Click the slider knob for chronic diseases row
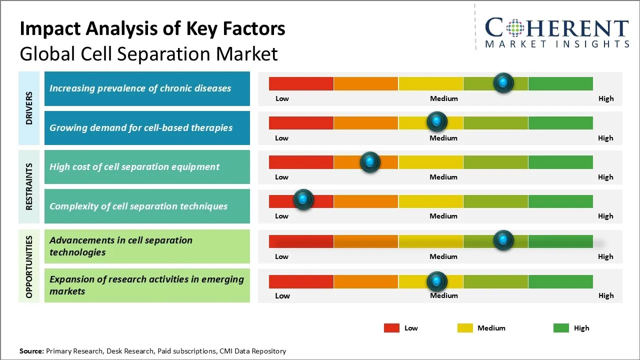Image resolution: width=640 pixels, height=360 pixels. pyautogui.click(x=503, y=82)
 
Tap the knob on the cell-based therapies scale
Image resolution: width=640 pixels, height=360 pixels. pyautogui.click(x=437, y=121)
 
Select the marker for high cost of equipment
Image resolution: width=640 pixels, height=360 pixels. pyautogui.click(x=370, y=161)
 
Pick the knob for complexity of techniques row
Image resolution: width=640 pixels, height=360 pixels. pyautogui.click(x=303, y=199)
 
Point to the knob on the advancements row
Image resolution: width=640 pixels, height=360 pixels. pyautogui.click(x=503, y=240)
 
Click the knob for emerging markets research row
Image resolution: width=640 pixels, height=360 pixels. pyautogui.click(x=437, y=281)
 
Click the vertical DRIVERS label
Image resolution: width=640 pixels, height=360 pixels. pyautogui.click(x=29, y=108)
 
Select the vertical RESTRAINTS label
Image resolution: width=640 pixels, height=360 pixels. pyautogui.click(x=29, y=186)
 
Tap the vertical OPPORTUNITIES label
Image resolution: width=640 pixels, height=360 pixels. pyautogui.click(x=29, y=266)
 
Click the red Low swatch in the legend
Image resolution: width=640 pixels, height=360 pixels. pyautogui.click(x=391, y=328)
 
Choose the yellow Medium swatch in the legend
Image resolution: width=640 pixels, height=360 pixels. pyautogui.click(x=465, y=328)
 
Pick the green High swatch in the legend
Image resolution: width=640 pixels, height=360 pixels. pyautogui.click(x=561, y=328)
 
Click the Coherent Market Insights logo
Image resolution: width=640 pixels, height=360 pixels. pyautogui.click(x=556, y=32)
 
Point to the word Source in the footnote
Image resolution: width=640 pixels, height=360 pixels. pyautogui.click(x=31, y=351)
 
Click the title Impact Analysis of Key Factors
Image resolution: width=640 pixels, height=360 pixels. pyautogui.click(x=152, y=28)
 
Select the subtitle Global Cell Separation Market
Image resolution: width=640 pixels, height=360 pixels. pyautogui.click(x=148, y=53)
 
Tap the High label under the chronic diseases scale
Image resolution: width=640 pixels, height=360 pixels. pyautogui.click(x=606, y=98)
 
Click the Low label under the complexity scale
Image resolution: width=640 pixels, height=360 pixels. pyautogui.click(x=281, y=216)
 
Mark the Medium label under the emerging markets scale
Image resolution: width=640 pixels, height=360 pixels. pyautogui.click(x=444, y=295)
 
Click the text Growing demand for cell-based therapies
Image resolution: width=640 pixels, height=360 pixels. pyautogui.click(x=141, y=127)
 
